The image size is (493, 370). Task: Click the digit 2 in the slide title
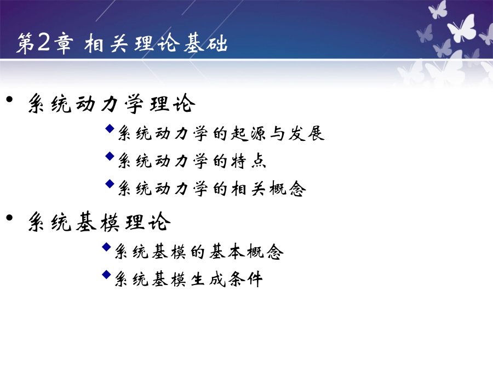click(43, 42)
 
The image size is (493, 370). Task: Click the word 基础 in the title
click(205, 43)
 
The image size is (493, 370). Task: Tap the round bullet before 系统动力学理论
click(9, 99)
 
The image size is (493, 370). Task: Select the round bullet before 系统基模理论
click(9, 218)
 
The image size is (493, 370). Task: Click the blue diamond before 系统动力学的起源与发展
click(110, 128)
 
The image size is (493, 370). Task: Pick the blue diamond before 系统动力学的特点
click(110, 156)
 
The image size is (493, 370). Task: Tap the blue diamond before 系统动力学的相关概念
click(110, 184)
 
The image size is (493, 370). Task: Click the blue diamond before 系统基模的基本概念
click(107, 247)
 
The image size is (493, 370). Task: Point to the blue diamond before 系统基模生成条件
click(107, 275)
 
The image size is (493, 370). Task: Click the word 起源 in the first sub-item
click(248, 133)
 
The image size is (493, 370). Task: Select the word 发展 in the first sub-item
click(306, 133)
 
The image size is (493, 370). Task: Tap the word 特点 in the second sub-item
click(248, 161)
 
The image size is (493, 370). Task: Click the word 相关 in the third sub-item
click(248, 189)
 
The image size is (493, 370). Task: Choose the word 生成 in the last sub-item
click(208, 280)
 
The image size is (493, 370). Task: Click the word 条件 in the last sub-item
click(245, 280)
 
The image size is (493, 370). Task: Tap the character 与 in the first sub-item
click(277, 133)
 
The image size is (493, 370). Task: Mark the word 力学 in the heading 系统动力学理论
click(123, 104)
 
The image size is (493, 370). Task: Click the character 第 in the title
click(25, 43)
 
